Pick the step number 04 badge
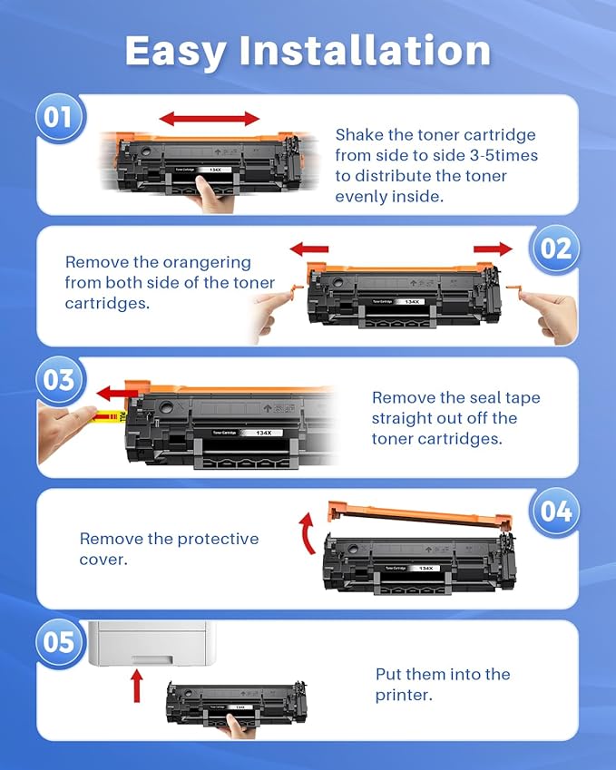[x=554, y=512]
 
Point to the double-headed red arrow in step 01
[x=210, y=119]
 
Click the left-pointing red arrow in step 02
[x=308, y=249]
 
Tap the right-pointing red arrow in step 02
[x=494, y=249]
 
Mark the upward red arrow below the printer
[x=137, y=685]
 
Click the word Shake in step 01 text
[x=360, y=135]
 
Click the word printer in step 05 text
[x=403, y=696]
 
